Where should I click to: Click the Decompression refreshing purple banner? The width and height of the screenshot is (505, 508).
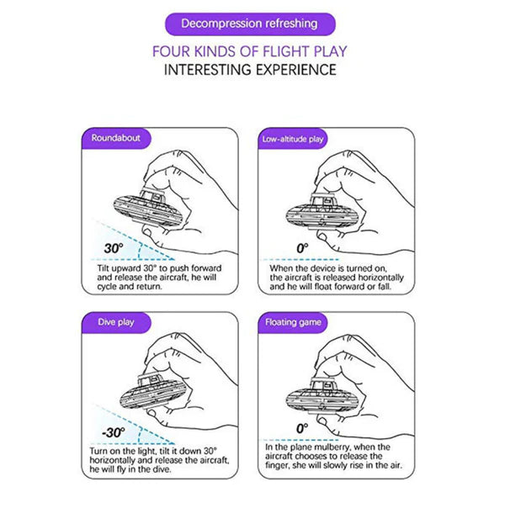click(250, 24)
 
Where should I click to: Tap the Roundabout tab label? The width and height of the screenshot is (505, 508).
click(116, 138)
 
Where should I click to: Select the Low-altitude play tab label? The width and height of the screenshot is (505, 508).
click(293, 139)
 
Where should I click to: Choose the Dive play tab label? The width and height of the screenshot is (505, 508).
click(116, 322)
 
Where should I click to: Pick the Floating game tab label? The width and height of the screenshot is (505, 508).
click(293, 322)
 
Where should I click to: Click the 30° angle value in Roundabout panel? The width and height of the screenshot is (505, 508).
click(114, 248)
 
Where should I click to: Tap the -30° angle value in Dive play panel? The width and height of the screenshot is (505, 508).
click(113, 432)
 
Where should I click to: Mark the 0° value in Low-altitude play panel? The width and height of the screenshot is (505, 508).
click(302, 248)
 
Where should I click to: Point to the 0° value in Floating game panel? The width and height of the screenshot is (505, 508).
click(302, 429)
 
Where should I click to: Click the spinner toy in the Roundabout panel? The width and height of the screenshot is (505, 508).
click(147, 209)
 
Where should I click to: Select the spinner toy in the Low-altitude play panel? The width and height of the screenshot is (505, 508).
click(321, 212)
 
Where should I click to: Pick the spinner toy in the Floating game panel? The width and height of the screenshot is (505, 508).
click(321, 396)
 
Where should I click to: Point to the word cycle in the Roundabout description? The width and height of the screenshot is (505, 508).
click(107, 287)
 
